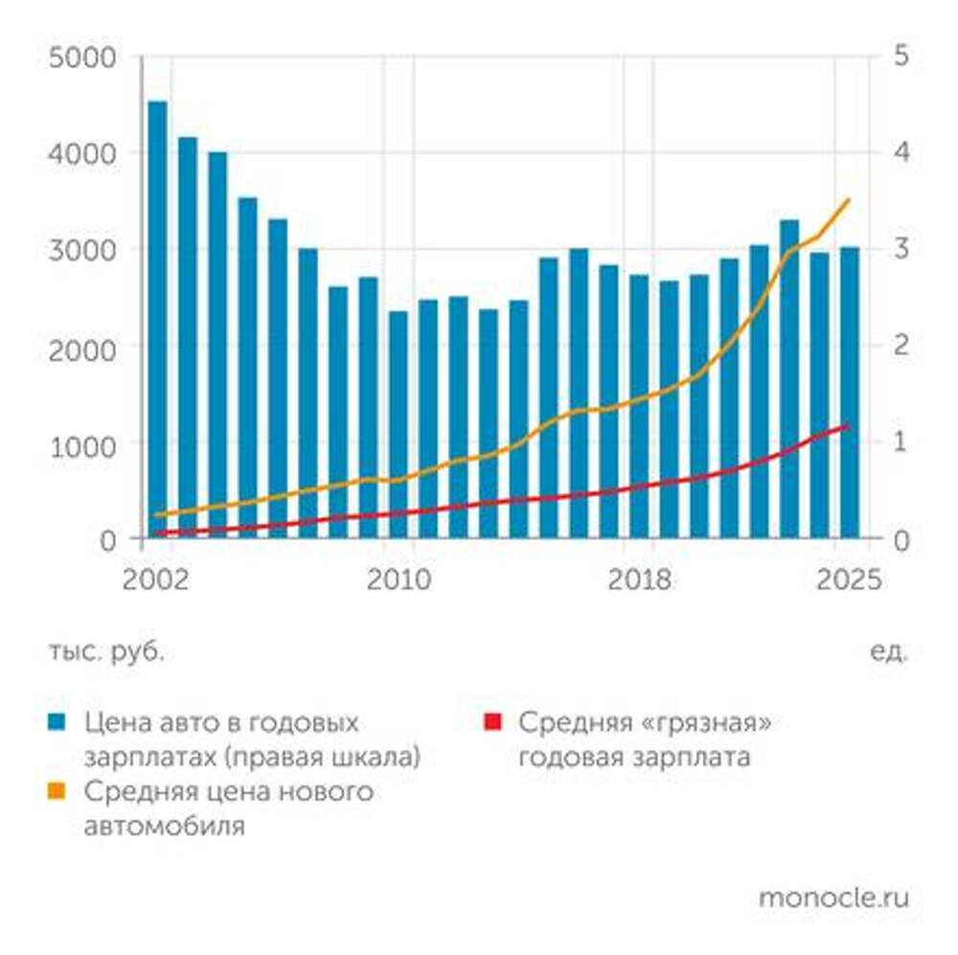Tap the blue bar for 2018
point(639,406)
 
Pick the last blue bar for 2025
point(850,392)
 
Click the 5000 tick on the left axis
point(94,57)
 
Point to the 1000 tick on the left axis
point(94,443)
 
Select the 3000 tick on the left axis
point(94,250)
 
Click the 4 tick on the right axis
point(900,153)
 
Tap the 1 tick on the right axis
point(900,443)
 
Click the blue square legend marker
point(57,720)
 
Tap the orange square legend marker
point(57,791)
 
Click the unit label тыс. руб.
point(106,652)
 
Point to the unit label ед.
point(888,652)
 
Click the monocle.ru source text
point(833,898)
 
